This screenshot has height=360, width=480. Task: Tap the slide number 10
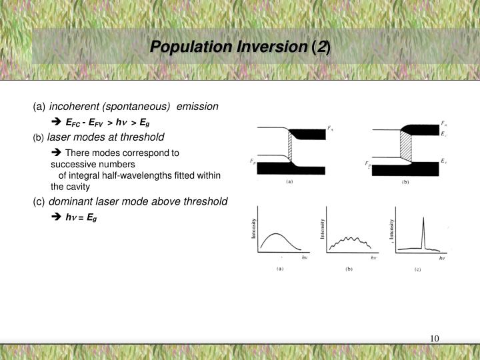click(x=435, y=338)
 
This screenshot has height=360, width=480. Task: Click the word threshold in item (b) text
click(x=141, y=137)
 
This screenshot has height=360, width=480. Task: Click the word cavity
click(x=77, y=187)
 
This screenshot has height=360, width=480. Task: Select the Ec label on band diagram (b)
click(x=443, y=133)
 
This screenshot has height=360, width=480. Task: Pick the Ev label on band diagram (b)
click(x=443, y=161)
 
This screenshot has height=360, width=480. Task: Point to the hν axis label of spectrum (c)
click(x=441, y=257)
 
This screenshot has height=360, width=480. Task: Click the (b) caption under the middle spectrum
click(x=348, y=269)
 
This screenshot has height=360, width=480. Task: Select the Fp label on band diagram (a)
click(x=252, y=161)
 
